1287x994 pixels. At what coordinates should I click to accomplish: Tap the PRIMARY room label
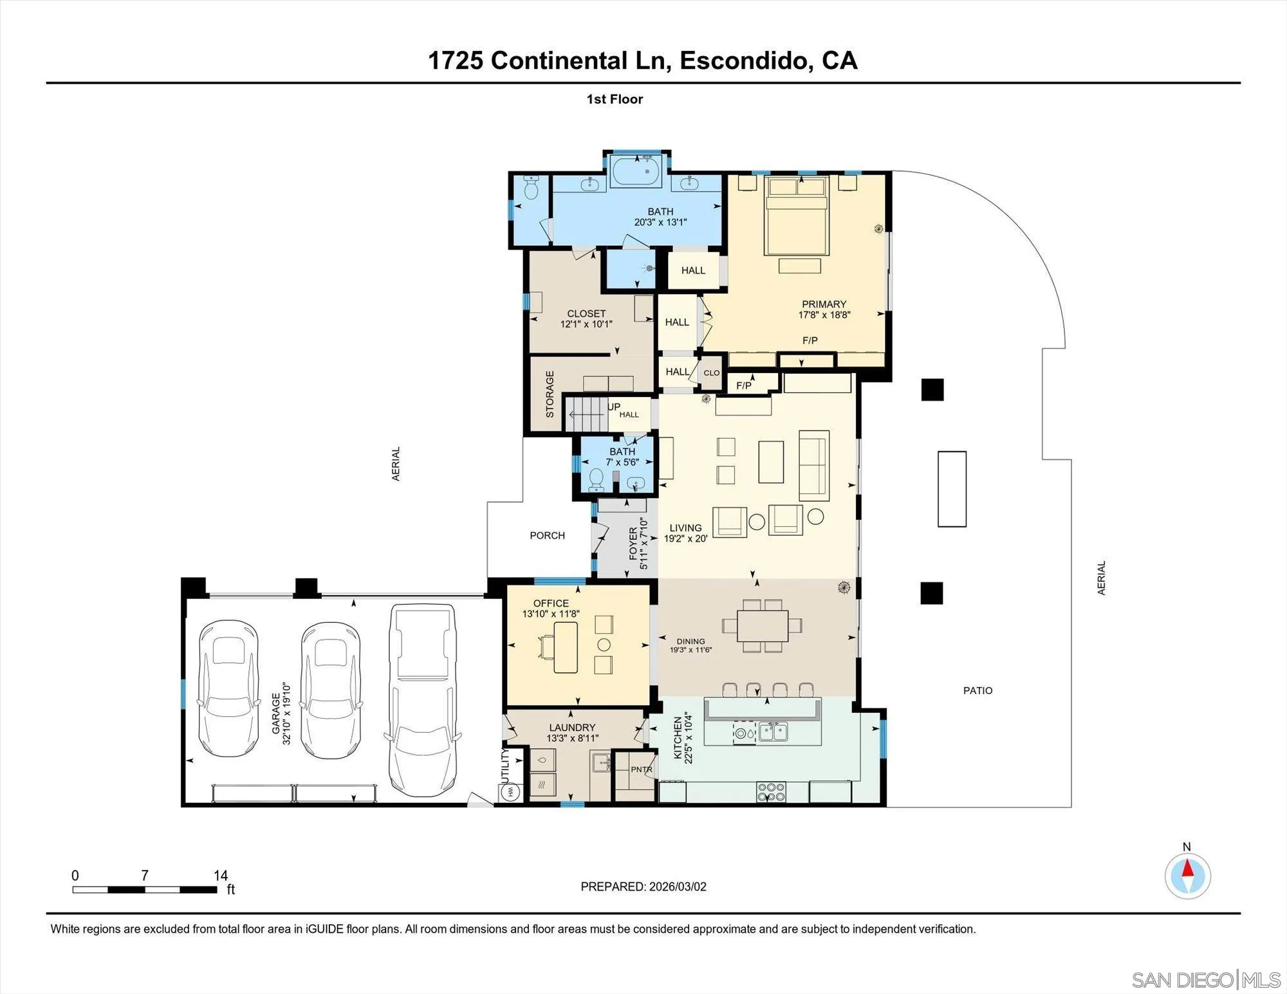824,304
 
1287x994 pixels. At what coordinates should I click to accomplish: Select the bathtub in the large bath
636,171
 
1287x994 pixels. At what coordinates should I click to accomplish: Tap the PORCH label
547,535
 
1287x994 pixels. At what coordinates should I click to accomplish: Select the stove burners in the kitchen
771,791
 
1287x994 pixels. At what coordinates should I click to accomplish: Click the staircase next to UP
586,414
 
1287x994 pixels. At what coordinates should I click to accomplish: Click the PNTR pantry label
641,769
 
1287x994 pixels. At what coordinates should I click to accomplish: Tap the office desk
565,647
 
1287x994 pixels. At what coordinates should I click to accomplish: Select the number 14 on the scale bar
221,876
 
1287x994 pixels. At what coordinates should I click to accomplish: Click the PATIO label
977,690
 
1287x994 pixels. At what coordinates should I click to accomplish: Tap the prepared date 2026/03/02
678,887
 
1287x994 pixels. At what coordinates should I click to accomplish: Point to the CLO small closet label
711,373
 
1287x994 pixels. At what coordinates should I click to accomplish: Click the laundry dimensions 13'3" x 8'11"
572,739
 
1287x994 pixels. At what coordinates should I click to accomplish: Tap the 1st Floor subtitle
615,99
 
